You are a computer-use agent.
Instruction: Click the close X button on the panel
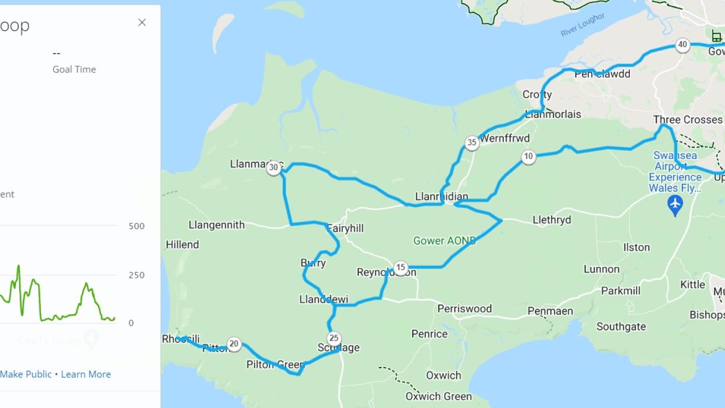click(142, 22)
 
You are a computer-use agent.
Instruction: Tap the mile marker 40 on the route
click(683, 45)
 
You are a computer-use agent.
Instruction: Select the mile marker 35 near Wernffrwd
click(471, 143)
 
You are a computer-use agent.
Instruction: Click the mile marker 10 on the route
click(528, 157)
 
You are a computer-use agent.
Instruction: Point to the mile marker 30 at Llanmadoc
click(273, 167)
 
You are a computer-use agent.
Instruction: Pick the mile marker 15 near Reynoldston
click(400, 268)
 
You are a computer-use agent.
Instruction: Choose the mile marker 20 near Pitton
click(234, 344)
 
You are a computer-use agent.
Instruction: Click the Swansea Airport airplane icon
click(675, 205)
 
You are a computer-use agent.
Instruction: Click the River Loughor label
click(583, 25)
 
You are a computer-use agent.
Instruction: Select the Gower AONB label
click(444, 241)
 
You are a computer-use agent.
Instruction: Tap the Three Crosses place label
click(687, 120)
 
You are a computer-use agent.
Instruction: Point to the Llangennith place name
click(216, 225)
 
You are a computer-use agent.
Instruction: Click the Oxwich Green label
click(439, 396)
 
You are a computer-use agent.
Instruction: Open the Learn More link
click(86, 374)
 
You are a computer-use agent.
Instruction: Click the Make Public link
click(26, 374)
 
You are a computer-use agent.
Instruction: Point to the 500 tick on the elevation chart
click(137, 226)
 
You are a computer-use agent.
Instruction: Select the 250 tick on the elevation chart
click(137, 275)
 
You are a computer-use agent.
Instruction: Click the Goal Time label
click(74, 69)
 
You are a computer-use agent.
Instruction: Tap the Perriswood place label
click(465, 309)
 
